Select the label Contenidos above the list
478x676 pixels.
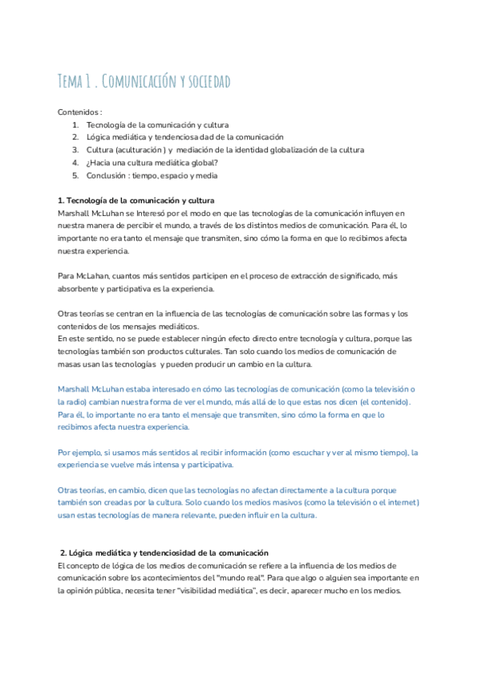pyautogui.click(x=79, y=112)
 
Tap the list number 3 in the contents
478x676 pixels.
pyautogui.click(x=75, y=150)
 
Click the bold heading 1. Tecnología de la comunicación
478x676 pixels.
pyautogui.click(x=135, y=200)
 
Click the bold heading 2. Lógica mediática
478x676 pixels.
pyautogui.click(x=164, y=552)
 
